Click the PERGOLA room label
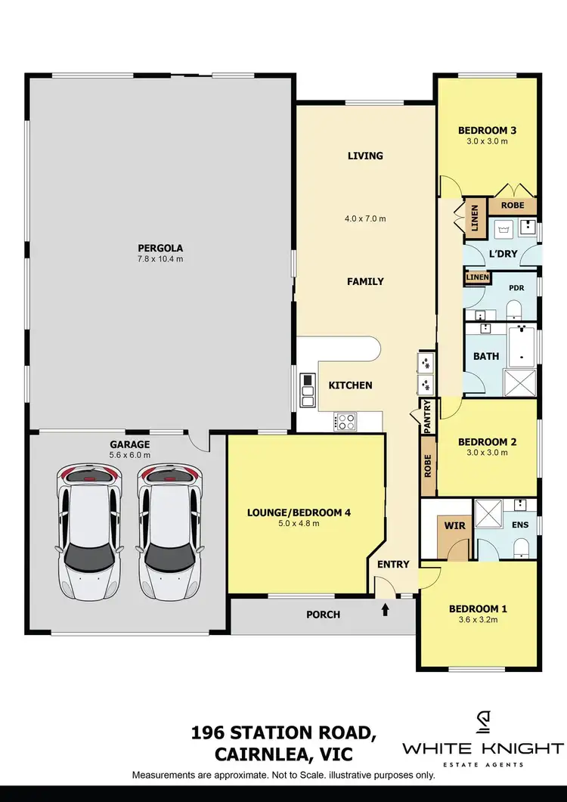[x=160, y=247]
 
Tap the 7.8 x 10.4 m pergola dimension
[x=160, y=259]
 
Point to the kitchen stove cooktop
[x=345, y=421]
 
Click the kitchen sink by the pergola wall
[x=308, y=386]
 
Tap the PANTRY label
[x=427, y=416]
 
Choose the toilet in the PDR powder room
[x=514, y=308]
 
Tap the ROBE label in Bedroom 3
[x=513, y=206]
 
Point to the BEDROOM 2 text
[x=487, y=441]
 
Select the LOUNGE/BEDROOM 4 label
[x=299, y=512]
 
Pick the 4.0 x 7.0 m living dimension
[x=366, y=219]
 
